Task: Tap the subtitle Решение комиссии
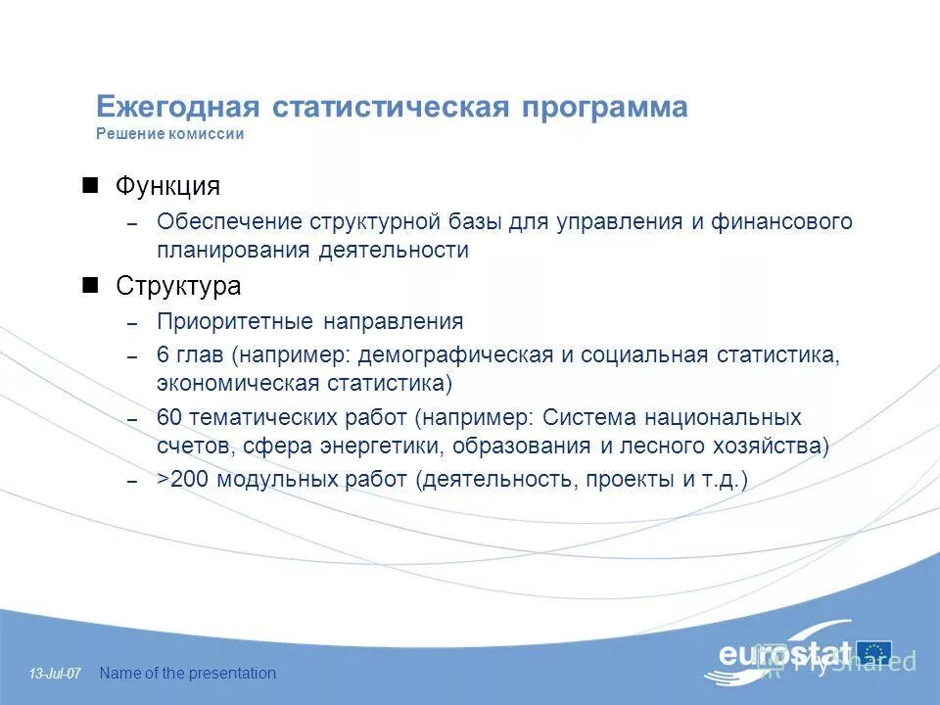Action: (x=169, y=135)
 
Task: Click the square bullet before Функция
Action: (x=91, y=184)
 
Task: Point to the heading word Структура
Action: (x=178, y=287)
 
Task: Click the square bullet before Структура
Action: (x=91, y=285)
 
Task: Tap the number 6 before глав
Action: (x=163, y=354)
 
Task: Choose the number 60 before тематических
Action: (x=168, y=418)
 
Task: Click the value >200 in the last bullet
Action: (x=183, y=480)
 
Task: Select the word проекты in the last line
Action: (x=620, y=480)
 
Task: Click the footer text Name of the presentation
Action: (x=188, y=673)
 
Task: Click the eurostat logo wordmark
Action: (x=783, y=654)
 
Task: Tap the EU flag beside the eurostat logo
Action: (x=873, y=652)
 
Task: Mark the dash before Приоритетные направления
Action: (x=132, y=323)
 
